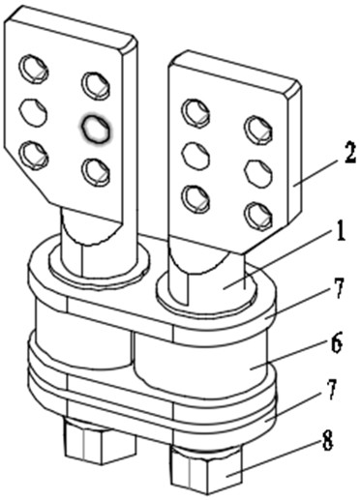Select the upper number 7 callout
click(x=338, y=288)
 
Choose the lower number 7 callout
click(x=332, y=392)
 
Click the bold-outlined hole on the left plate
click(x=95, y=128)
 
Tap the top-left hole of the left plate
click(x=34, y=69)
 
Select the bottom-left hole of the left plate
click(x=34, y=156)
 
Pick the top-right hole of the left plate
click(x=96, y=85)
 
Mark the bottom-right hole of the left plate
click(x=96, y=171)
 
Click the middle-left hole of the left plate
click(x=33, y=112)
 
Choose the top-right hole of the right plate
click(x=259, y=131)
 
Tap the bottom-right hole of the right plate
click(x=258, y=216)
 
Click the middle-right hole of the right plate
click(x=259, y=173)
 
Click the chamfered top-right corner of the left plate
click(x=130, y=44)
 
